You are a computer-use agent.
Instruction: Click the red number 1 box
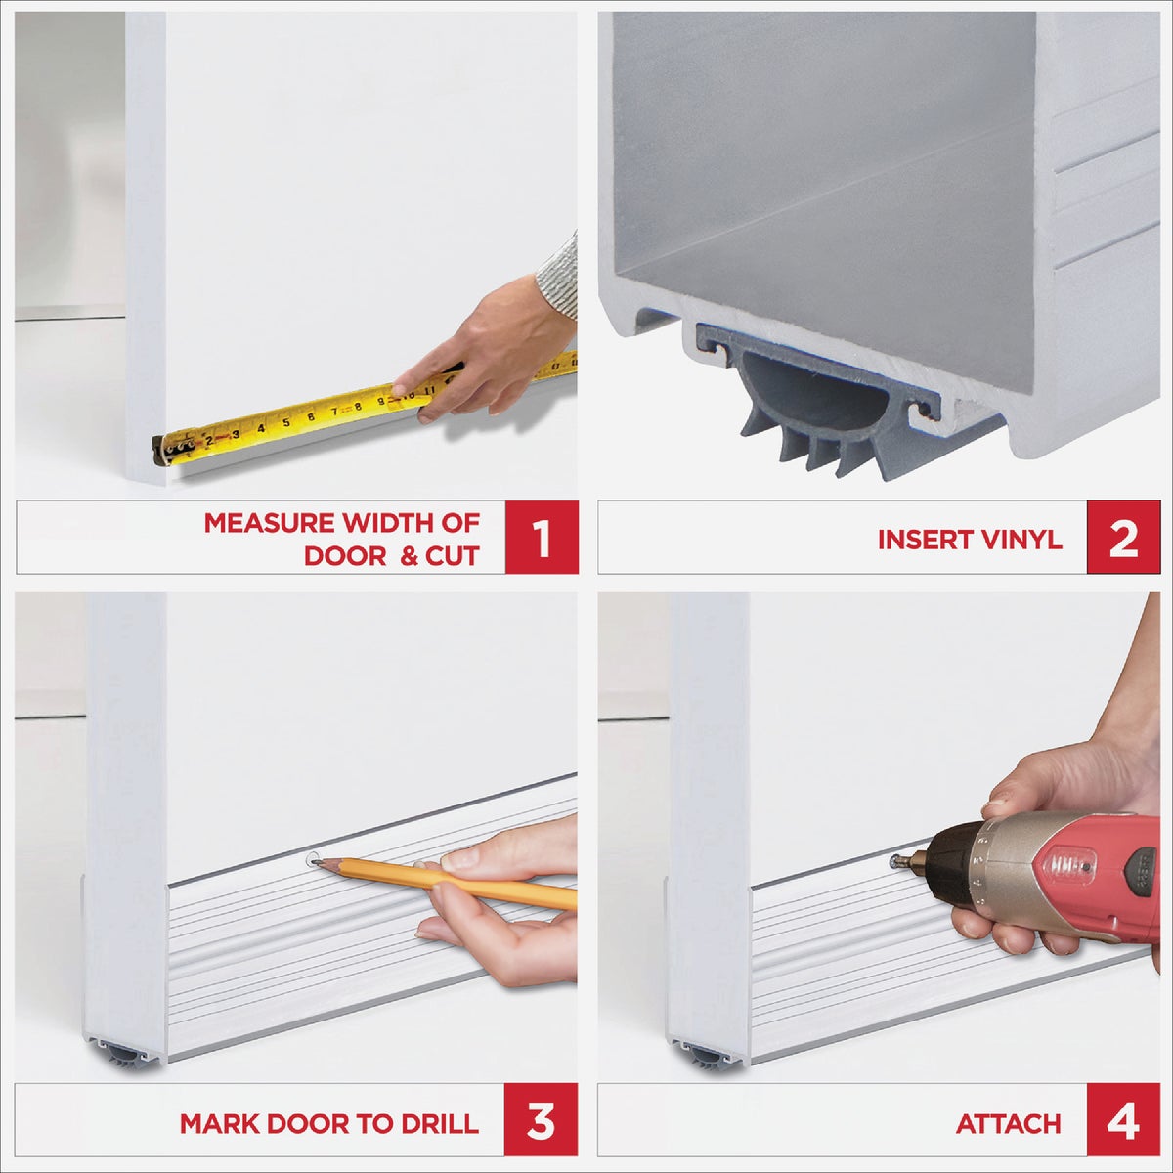[542, 538]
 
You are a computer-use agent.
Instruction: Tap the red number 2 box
[1123, 538]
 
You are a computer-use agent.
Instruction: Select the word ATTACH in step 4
[1008, 1123]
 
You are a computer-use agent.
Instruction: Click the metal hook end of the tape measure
[159, 449]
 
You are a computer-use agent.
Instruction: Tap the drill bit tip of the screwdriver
[895, 861]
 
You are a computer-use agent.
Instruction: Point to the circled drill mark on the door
[312, 860]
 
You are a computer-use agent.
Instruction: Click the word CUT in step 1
[451, 557]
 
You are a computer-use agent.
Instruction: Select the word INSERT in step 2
[921, 540]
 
